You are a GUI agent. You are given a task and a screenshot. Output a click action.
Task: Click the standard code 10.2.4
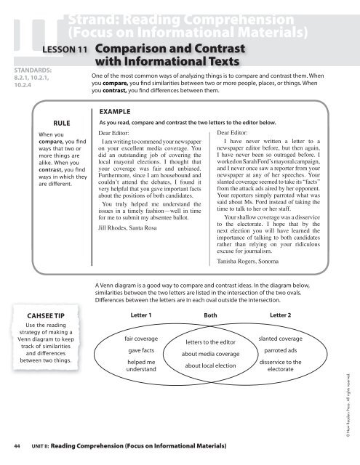click(x=19, y=85)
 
